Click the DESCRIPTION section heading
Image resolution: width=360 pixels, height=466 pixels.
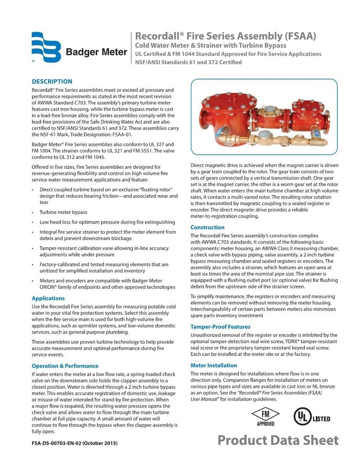pyautogui.click(x=52, y=81)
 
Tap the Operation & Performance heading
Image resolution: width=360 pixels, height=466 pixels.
pyautogui.click(x=65, y=366)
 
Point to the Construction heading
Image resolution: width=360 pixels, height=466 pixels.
pyautogui.click(x=207, y=227)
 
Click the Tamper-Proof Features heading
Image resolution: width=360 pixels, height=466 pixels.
pyautogui.click(x=220, y=327)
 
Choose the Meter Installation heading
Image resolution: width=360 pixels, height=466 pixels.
pyautogui.click(x=214, y=365)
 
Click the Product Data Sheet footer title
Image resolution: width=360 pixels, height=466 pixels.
pyautogui.click(x=278, y=440)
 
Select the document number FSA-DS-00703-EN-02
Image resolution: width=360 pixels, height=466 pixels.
pyautogui.click(x=75, y=442)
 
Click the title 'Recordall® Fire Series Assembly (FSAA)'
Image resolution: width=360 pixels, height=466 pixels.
pyautogui.click(x=226, y=36)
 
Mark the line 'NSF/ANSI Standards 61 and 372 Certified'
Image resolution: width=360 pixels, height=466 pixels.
pyautogui.click(x=188, y=62)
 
